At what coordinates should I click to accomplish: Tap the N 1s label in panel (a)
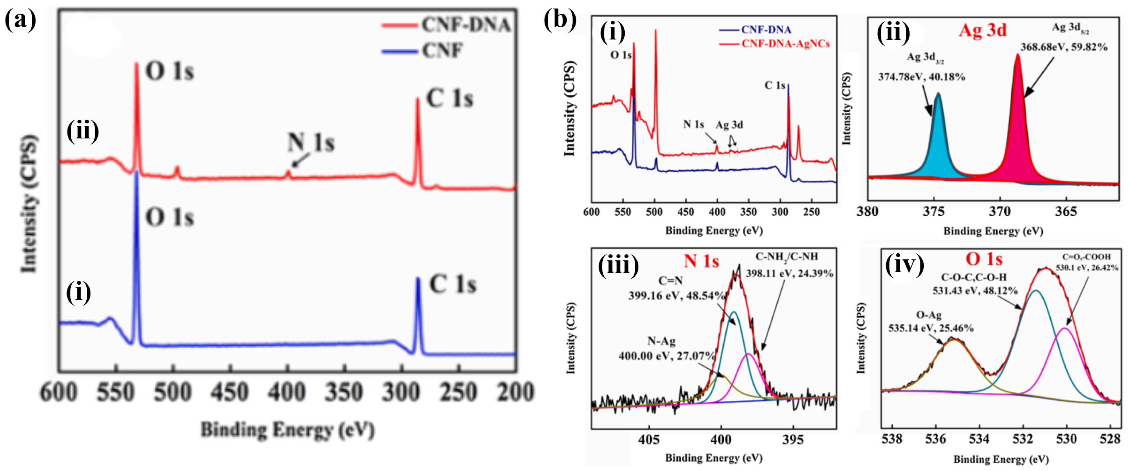311,142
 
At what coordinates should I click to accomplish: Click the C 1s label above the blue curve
452,285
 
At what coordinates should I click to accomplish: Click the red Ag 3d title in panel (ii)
982,30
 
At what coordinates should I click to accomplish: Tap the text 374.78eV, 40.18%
921,77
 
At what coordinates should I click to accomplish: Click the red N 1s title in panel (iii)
701,261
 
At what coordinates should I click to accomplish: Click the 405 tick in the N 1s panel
649,439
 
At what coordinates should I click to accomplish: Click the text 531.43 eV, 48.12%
975,291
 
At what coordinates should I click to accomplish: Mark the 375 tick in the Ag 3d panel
934,212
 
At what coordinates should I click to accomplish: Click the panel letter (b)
560,20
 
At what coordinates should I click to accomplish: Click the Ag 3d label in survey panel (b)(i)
729,125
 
